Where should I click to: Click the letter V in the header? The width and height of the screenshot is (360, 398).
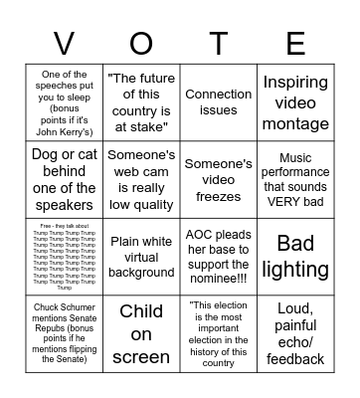click(x=63, y=43)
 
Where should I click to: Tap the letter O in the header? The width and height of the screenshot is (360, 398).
click(x=141, y=43)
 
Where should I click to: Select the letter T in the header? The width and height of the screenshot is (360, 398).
click(x=219, y=43)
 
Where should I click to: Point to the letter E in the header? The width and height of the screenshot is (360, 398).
click(x=296, y=43)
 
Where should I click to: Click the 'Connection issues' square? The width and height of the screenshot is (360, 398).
click(x=219, y=101)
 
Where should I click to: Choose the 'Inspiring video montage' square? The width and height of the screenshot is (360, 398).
click(x=296, y=101)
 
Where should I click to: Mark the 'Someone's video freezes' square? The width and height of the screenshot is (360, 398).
click(x=219, y=179)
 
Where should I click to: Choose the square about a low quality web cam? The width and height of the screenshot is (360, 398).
click(x=141, y=179)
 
